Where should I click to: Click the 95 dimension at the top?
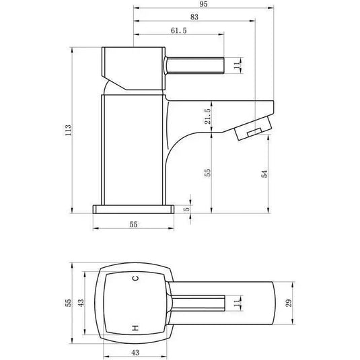click(203, 5)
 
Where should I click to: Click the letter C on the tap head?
click(135, 278)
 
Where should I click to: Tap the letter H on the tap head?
click(135, 328)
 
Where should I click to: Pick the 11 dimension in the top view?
click(235, 304)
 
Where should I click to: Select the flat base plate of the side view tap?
click(134, 208)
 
